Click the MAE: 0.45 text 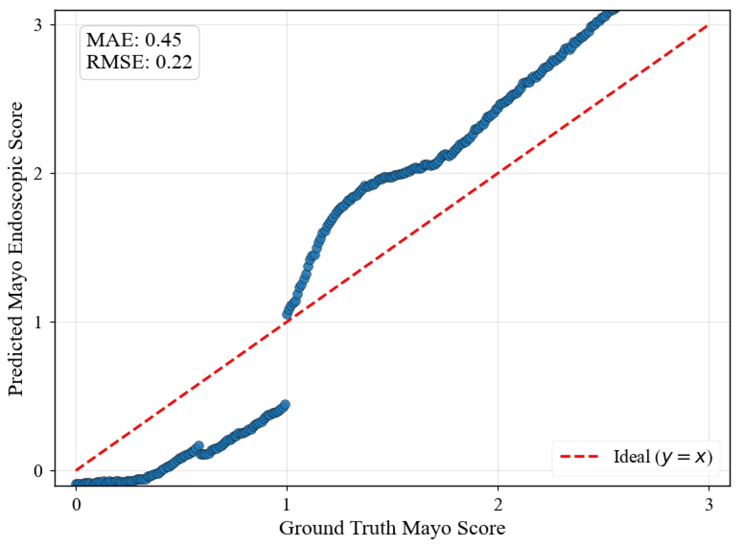(x=133, y=40)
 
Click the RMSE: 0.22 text (x=139, y=62)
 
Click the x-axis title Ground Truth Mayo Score (x=392, y=528)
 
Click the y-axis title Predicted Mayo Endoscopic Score (x=16, y=248)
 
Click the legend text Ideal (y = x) (x=662, y=457)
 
